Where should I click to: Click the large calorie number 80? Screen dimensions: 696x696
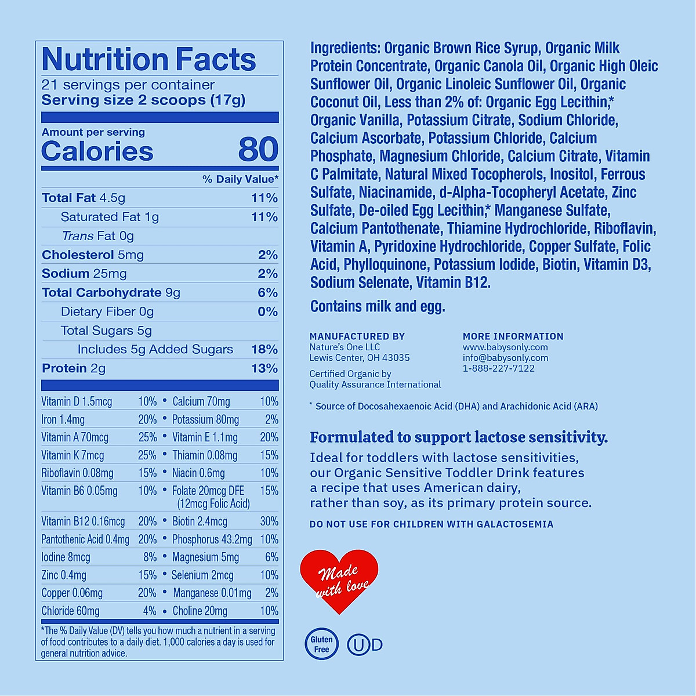pyautogui.click(x=258, y=150)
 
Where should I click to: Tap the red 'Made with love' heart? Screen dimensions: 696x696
pyautogui.click(x=339, y=580)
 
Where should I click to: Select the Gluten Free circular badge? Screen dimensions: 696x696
pyautogui.click(x=321, y=644)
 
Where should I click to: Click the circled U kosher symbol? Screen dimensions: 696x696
pyautogui.click(x=358, y=645)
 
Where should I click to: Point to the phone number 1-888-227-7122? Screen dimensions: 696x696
pyautogui.click(x=498, y=368)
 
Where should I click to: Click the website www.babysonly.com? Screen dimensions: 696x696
pyautogui.click(x=505, y=347)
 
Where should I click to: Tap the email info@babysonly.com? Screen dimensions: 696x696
pyautogui.click(x=505, y=358)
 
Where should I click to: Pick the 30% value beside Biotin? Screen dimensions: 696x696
pyautogui.click(x=269, y=521)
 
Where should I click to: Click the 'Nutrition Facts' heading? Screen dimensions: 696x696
pyautogui.click(x=149, y=59)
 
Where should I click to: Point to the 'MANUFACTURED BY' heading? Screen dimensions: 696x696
pyautogui.click(x=357, y=336)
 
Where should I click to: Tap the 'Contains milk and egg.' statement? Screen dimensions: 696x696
pyautogui.click(x=378, y=306)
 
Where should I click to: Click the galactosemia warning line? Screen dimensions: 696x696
pyautogui.click(x=431, y=524)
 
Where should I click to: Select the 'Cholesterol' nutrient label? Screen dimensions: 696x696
pyautogui.click(x=78, y=255)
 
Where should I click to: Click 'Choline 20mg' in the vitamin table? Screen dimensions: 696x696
pyautogui.click(x=200, y=611)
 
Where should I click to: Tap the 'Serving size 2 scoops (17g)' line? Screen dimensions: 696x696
pyautogui.click(x=143, y=100)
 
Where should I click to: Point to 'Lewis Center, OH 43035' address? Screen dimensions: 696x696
pyautogui.click(x=360, y=358)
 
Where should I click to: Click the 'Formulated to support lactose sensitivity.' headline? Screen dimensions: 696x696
pyautogui.click(x=459, y=437)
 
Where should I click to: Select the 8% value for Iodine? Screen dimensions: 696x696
pyautogui.click(x=150, y=557)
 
